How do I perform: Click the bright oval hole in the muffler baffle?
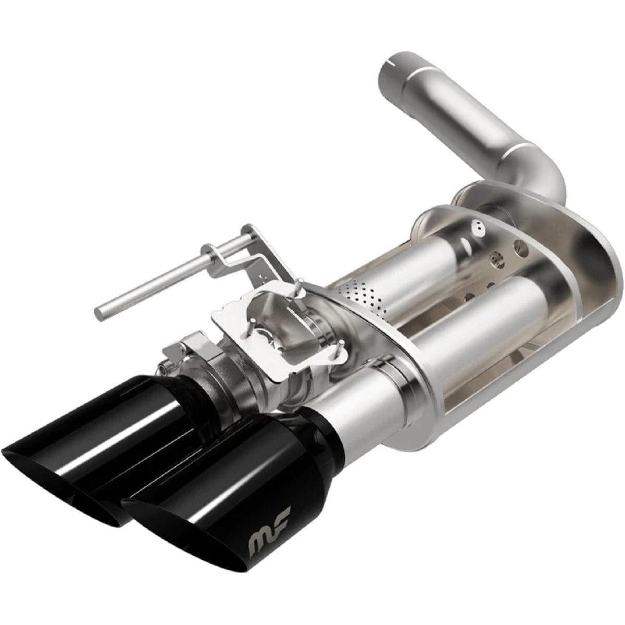pyautogui.click(x=475, y=227)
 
